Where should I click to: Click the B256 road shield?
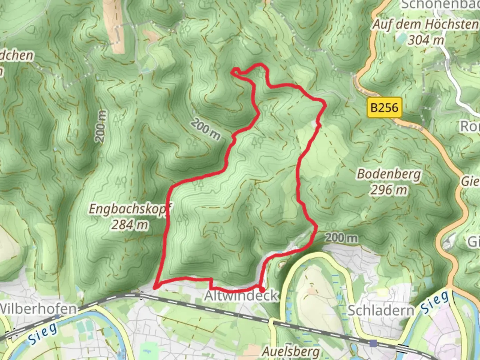tap(384, 107)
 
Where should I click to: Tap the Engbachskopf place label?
tap(130, 209)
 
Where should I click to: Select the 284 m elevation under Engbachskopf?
tap(130, 225)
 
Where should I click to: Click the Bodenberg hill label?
tap(389, 174)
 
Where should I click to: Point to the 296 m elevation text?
tap(389, 190)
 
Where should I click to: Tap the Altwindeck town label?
tap(241, 296)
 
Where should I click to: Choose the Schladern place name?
tap(381, 310)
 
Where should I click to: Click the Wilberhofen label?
tap(38, 308)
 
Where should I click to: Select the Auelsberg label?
tap(291, 351)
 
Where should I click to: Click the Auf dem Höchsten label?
tap(425, 24)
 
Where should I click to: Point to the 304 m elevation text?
tap(426, 40)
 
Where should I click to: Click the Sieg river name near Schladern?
tap(434, 303)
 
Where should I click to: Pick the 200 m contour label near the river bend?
tap(341, 238)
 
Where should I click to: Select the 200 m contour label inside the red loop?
tap(206, 129)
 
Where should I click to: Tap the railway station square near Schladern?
tap(373, 343)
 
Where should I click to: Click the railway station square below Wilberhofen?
tap(57, 317)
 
